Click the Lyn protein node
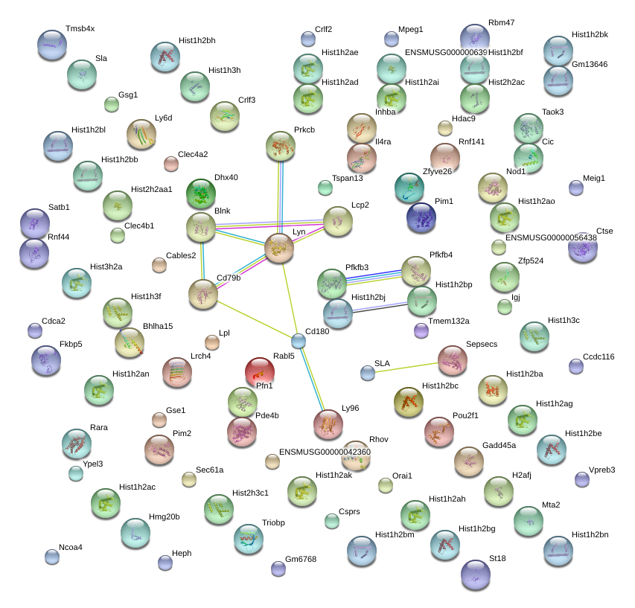click(x=279, y=248)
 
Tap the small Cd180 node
click(x=299, y=342)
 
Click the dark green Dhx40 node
click(x=200, y=193)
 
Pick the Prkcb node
click(x=281, y=146)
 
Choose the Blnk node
click(x=201, y=227)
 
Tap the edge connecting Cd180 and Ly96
click(x=313, y=382)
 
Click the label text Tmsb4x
click(x=80, y=29)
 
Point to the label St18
click(x=497, y=557)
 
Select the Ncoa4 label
click(x=71, y=547)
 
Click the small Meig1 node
click(x=576, y=188)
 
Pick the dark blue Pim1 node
click(x=421, y=217)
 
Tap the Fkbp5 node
click(x=46, y=360)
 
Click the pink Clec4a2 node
click(x=171, y=164)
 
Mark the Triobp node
click(x=249, y=540)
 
